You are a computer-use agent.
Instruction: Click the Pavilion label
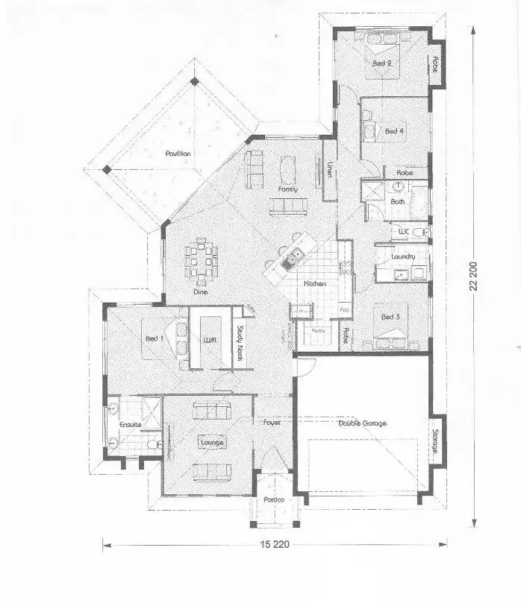coord(178,154)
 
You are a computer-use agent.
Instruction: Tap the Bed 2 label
coord(382,63)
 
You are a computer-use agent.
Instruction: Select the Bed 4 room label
coord(394,131)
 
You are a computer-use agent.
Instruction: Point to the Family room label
coord(288,189)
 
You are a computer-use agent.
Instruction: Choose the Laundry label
coord(403,257)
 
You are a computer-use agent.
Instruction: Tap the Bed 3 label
coord(391,317)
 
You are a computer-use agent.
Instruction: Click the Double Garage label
coord(362,423)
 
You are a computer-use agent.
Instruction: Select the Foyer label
coord(272,423)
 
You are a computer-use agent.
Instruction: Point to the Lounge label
coord(211,443)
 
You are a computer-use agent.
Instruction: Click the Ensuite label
coord(130,425)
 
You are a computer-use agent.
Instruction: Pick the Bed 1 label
coord(155,339)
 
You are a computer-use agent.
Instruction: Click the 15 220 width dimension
coord(274,544)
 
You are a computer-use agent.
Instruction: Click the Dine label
coord(200,292)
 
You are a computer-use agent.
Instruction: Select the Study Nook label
coord(240,341)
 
